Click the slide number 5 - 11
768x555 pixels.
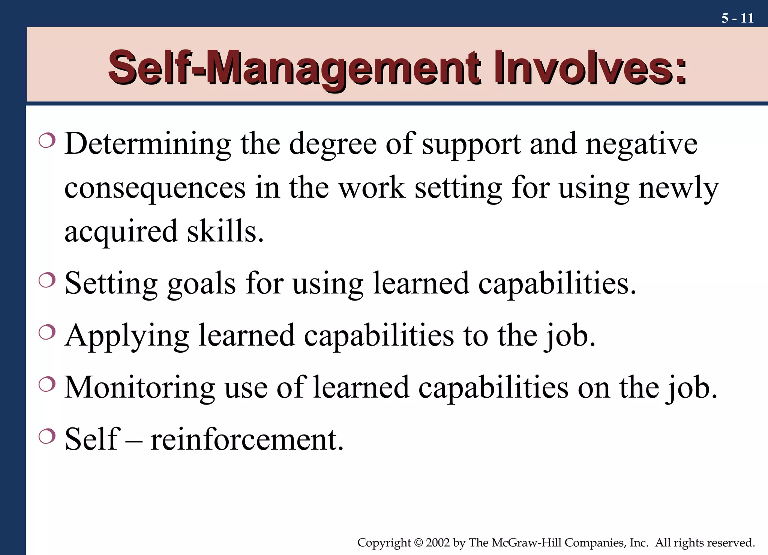[x=737, y=18]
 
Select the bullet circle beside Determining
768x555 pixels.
[x=47, y=141]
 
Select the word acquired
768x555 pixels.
[x=121, y=232]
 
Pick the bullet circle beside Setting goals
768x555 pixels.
[x=47, y=280]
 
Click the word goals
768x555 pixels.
[x=201, y=284]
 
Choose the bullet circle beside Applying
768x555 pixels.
[x=47, y=332]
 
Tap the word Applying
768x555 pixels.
[x=127, y=336]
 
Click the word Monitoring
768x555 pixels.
[x=139, y=388]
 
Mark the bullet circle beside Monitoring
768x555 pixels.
[x=47, y=384]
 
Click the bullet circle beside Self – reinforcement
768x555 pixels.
[x=47, y=436]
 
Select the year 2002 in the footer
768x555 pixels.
[x=438, y=543]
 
